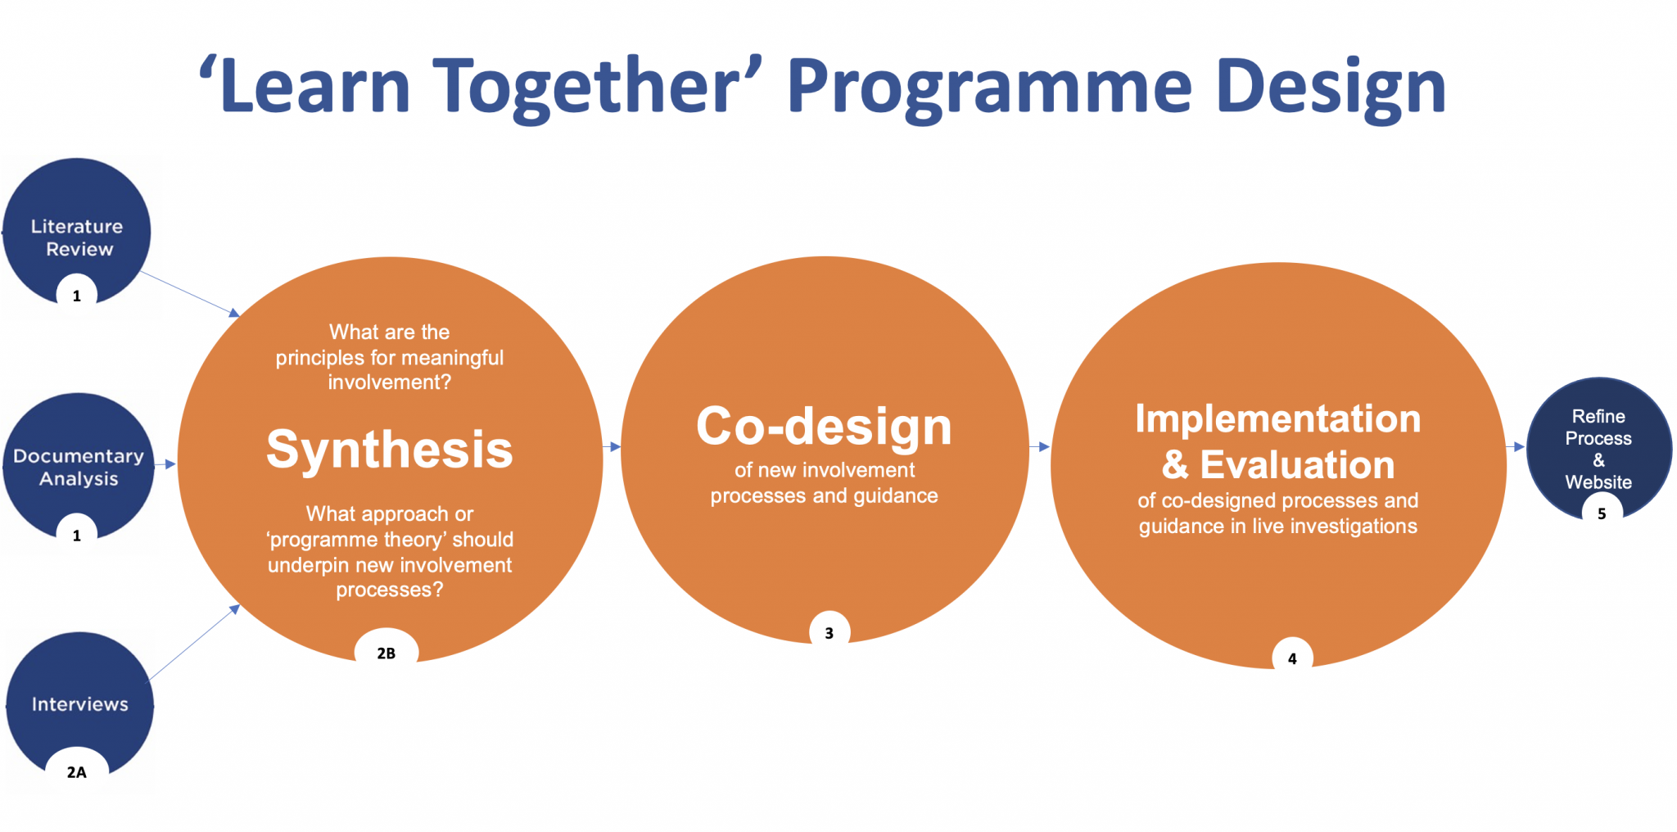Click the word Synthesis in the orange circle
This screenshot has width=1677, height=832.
[390, 450]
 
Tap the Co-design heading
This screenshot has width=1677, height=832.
[824, 427]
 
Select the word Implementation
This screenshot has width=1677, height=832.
[1277, 419]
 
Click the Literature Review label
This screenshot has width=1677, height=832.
[78, 237]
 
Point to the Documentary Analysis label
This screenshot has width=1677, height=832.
[79, 467]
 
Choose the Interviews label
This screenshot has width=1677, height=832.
[80, 704]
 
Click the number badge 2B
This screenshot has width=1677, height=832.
[386, 653]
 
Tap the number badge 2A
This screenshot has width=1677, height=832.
[76, 771]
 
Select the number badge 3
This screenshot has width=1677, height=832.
[829, 633]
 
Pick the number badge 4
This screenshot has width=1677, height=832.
[1292, 658]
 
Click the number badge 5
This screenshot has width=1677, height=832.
[1602, 513]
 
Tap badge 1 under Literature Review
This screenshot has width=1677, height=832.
[77, 296]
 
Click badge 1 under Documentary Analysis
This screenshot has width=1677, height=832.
[77, 536]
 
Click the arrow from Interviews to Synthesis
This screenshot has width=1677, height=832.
[193, 643]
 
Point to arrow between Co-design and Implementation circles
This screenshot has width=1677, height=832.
[1039, 446]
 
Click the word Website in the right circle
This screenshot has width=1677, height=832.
[1598, 482]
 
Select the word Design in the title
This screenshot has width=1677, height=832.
[1331, 87]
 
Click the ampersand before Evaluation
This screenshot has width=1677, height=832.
[1175, 465]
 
